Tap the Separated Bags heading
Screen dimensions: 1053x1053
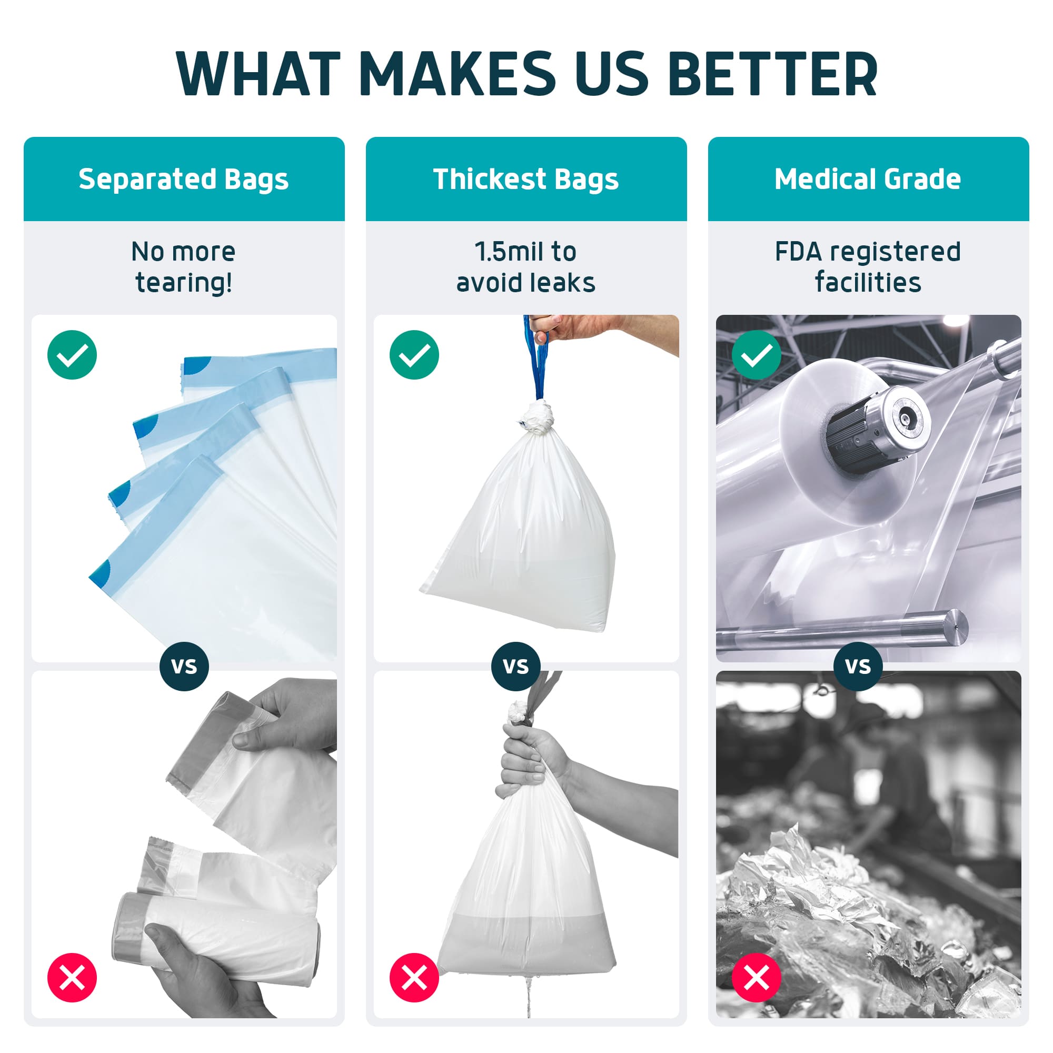(183, 180)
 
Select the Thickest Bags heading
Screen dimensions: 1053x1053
(526, 180)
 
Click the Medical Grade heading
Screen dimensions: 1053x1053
(868, 180)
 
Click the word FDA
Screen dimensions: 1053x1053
(799, 252)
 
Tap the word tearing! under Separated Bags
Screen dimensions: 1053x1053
(184, 283)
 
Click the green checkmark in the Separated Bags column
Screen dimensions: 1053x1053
(72, 355)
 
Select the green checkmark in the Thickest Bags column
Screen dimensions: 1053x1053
(414, 355)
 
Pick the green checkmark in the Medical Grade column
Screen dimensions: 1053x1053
(757, 355)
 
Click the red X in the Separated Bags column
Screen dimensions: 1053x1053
(72, 977)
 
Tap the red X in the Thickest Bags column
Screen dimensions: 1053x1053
(414, 977)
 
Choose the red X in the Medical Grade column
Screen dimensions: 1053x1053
(757, 977)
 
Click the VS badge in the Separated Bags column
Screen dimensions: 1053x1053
(184, 667)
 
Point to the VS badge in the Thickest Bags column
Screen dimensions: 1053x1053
(515, 667)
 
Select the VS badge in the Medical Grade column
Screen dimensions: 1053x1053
(858, 667)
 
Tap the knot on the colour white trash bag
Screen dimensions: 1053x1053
(538, 417)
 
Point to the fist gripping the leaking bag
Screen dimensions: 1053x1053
(523, 758)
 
